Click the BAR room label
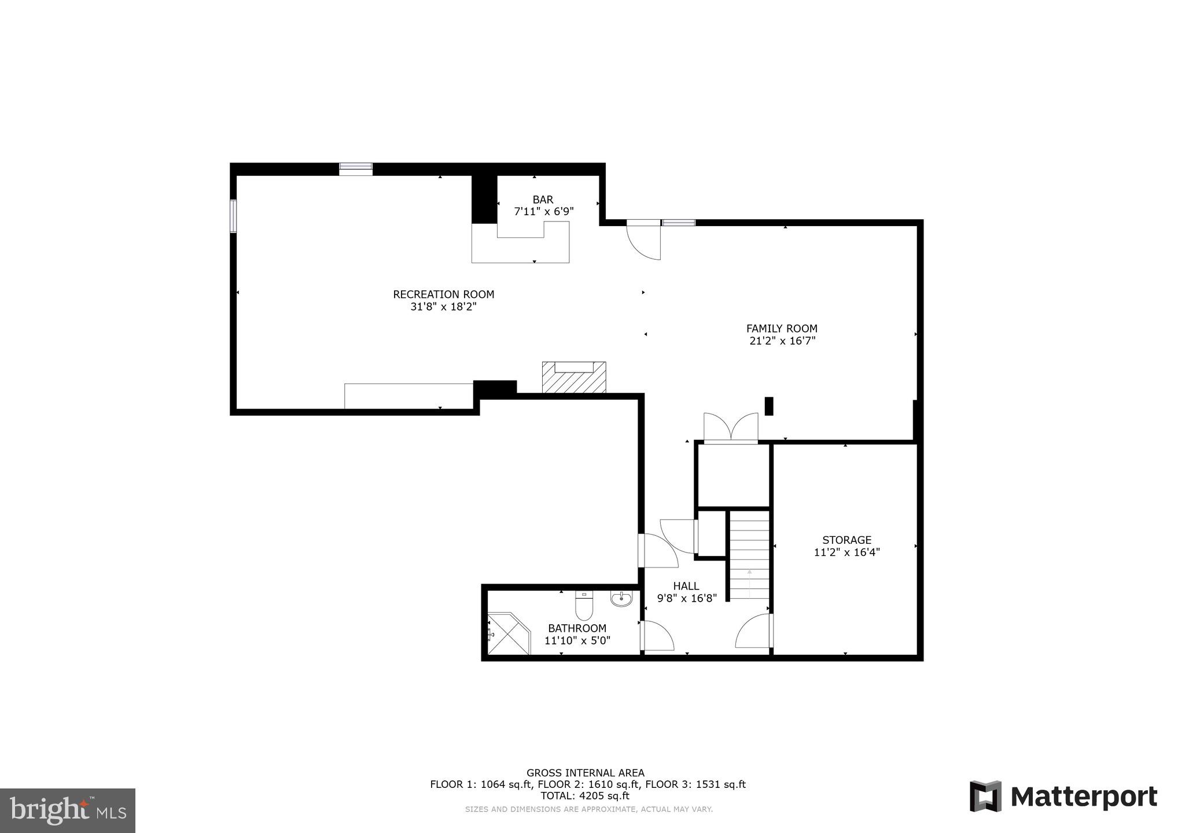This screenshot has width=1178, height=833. coord(543,200)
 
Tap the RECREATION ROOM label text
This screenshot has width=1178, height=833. coord(443,294)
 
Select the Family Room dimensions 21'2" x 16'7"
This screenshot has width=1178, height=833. coord(782,341)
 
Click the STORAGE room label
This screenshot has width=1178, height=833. coord(846,540)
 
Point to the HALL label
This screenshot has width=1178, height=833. coord(686,586)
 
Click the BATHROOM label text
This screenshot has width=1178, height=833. coord(577,628)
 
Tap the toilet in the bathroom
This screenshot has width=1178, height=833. coord(583,605)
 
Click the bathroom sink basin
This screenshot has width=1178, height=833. coord(621,599)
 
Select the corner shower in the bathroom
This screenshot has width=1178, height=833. coord(507,634)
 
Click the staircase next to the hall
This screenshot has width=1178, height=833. coord(749,555)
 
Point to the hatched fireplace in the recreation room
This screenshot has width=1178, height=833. coord(573,378)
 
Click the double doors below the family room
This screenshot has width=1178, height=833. coord(730,429)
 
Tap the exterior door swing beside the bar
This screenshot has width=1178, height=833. coord(645,241)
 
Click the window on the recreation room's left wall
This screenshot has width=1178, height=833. coord(233,216)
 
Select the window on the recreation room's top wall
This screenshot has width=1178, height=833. coord(355,168)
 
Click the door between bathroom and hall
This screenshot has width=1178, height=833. coord(656,636)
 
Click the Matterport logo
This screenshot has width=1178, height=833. coord(1063,797)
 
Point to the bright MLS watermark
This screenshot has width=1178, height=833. coord(68,810)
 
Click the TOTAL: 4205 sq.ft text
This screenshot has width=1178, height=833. coord(584,795)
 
